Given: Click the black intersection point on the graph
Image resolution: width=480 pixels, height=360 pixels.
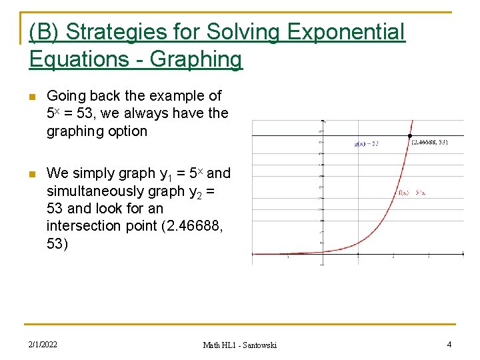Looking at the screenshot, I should point(409,137).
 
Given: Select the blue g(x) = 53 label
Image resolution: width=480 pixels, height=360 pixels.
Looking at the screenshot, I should point(366,143).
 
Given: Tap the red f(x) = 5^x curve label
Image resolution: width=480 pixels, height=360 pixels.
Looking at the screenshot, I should point(411,192).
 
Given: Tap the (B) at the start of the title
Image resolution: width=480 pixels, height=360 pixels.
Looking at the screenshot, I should point(45,31).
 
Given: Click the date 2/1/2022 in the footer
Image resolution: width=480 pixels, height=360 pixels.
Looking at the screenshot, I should point(43,345).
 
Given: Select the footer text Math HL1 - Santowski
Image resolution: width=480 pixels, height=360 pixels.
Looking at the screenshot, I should point(239,345).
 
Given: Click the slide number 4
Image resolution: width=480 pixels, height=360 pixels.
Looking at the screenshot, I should point(449,345).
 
